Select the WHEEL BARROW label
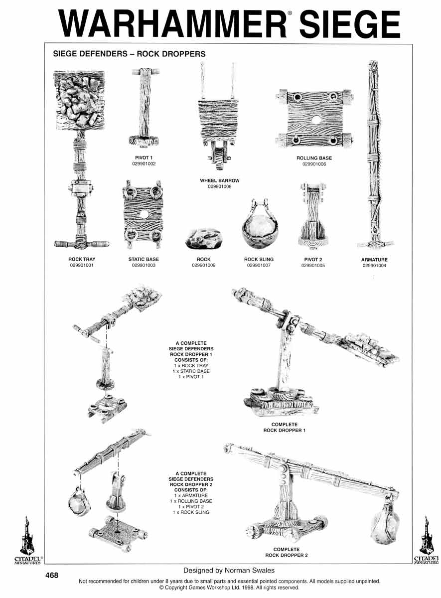pyautogui.click(x=220, y=180)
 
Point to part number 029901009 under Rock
pyautogui.click(x=204, y=266)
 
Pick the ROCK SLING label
pyautogui.click(x=259, y=260)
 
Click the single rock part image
pyautogui.click(x=204, y=239)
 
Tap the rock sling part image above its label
pyautogui.click(x=260, y=227)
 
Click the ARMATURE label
pyautogui.click(x=374, y=260)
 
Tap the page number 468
pyautogui.click(x=52, y=576)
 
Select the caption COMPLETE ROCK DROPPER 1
pyautogui.click(x=285, y=428)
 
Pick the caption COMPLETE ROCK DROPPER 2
pyautogui.click(x=287, y=552)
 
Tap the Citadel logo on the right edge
pyautogui.click(x=426, y=540)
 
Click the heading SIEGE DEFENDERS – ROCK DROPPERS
pyautogui.click(x=129, y=54)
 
